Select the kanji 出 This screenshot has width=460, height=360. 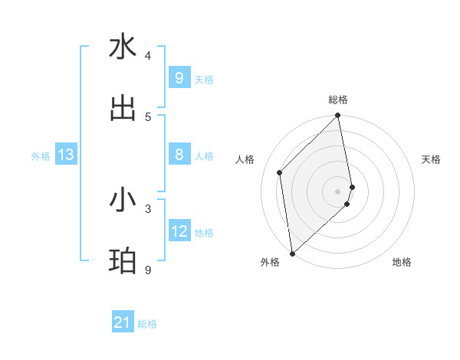123,108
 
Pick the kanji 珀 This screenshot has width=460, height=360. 123,261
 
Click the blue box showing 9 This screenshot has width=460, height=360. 179,78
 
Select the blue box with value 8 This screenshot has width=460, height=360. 179,155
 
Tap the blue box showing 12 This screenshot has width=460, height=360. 179,231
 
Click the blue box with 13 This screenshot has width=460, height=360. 65,155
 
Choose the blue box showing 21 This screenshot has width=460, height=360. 122,322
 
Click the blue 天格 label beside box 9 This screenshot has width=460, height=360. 203,79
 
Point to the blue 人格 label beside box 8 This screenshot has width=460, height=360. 203,156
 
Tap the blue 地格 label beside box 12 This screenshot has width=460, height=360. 204,233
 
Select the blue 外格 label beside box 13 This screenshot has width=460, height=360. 41,156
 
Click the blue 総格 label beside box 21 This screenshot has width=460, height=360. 147,324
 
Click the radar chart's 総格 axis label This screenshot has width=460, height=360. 338,100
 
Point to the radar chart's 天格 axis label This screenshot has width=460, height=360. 432,159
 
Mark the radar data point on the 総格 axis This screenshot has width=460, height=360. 338,116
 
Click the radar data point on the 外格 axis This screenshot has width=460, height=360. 292,253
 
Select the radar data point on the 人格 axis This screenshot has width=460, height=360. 280,172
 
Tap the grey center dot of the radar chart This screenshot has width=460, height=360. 338,191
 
